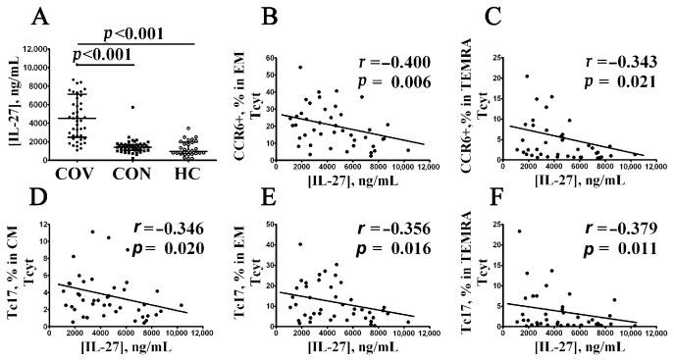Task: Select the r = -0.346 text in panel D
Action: point(165,229)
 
